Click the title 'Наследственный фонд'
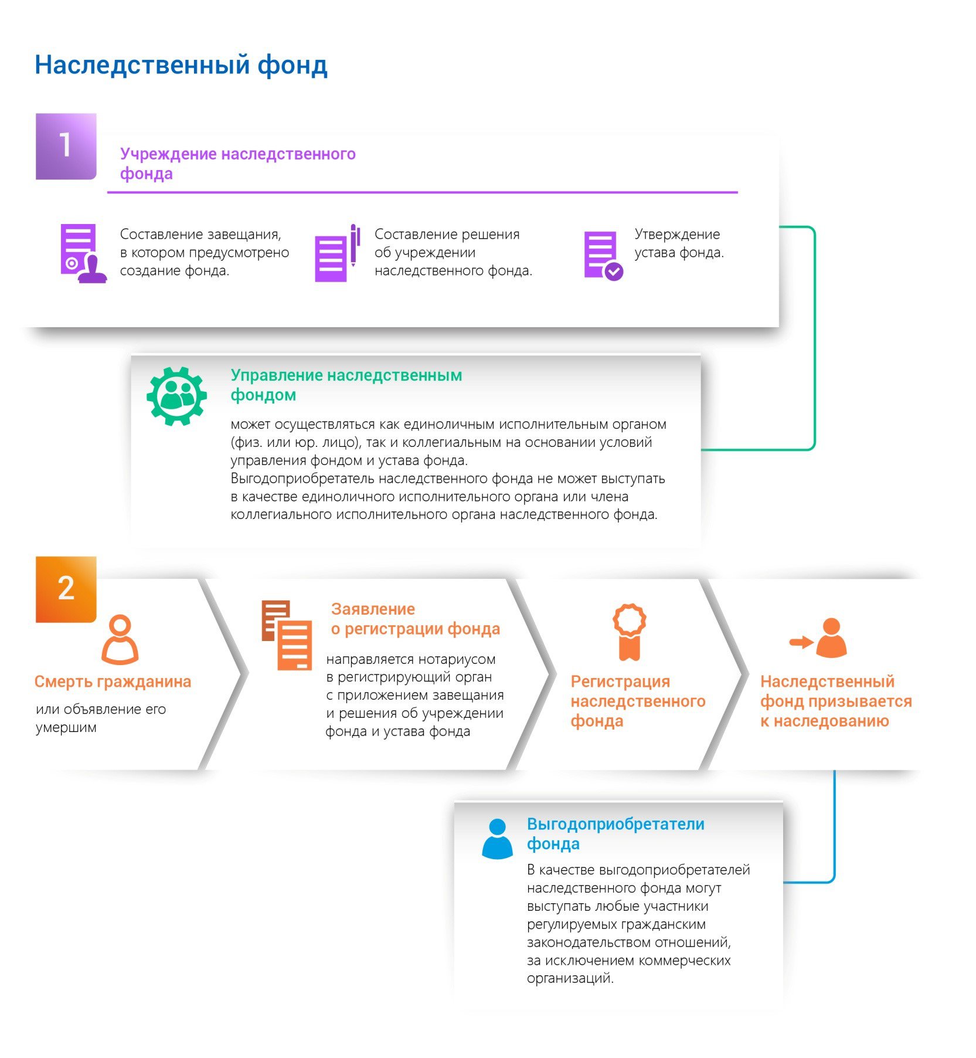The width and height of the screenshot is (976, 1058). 181,65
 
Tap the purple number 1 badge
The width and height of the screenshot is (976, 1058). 66,146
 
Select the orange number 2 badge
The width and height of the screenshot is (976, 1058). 66,589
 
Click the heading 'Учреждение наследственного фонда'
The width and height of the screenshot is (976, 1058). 237,164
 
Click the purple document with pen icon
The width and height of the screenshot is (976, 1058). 337,253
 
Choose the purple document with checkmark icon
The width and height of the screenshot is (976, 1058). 603,256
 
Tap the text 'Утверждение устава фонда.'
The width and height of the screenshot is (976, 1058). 679,243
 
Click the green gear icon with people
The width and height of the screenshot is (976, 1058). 176,396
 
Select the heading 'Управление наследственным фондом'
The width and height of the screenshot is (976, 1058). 346,385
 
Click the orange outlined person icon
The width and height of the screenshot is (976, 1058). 120,639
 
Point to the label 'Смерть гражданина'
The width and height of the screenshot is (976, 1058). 113,681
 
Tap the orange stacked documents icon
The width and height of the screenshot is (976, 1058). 287,635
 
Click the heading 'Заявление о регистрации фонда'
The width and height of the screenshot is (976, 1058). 416,619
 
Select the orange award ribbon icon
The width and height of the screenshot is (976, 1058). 630,632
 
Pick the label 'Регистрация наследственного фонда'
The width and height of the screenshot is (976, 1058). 638,701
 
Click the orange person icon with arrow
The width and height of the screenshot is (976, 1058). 818,637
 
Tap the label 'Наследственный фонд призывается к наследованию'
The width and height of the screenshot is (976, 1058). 836,701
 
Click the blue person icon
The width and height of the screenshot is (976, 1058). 497,839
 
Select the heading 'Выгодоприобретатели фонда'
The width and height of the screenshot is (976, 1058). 615,833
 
